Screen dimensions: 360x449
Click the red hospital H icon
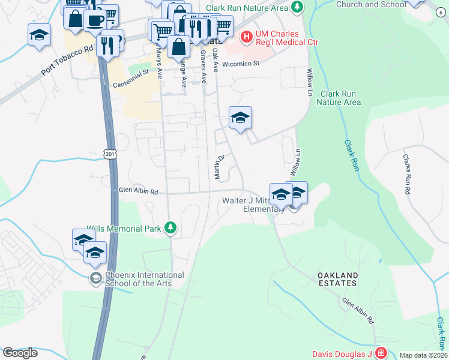point(246,37)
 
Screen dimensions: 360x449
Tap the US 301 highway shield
point(109,154)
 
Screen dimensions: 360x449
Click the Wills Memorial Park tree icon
point(171,227)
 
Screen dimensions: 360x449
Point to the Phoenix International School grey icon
point(95,278)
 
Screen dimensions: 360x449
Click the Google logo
point(19,353)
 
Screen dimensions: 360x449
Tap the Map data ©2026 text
point(423,355)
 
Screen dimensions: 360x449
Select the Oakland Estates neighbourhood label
point(337,280)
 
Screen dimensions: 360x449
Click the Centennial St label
point(130,79)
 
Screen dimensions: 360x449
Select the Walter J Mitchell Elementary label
point(252,205)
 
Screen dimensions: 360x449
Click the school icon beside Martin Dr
point(240,117)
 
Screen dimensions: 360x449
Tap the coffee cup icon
point(95,19)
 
